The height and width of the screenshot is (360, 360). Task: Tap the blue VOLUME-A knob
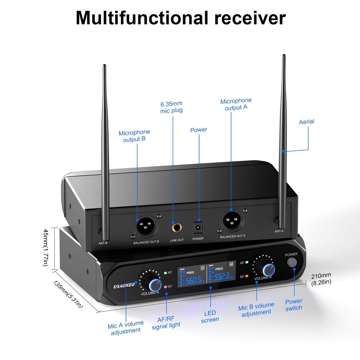click(155, 285)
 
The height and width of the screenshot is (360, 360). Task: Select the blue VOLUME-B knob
click(268, 270)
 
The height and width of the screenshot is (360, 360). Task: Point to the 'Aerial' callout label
click(306, 122)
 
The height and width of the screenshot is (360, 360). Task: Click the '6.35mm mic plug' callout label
click(171, 107)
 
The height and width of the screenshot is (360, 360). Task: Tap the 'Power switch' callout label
click(294, 304)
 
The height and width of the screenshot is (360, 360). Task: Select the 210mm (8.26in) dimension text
click(321, 279)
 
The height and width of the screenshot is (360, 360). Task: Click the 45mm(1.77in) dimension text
click(45, 248)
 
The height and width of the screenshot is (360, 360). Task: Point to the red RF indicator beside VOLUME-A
click(166, 287)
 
